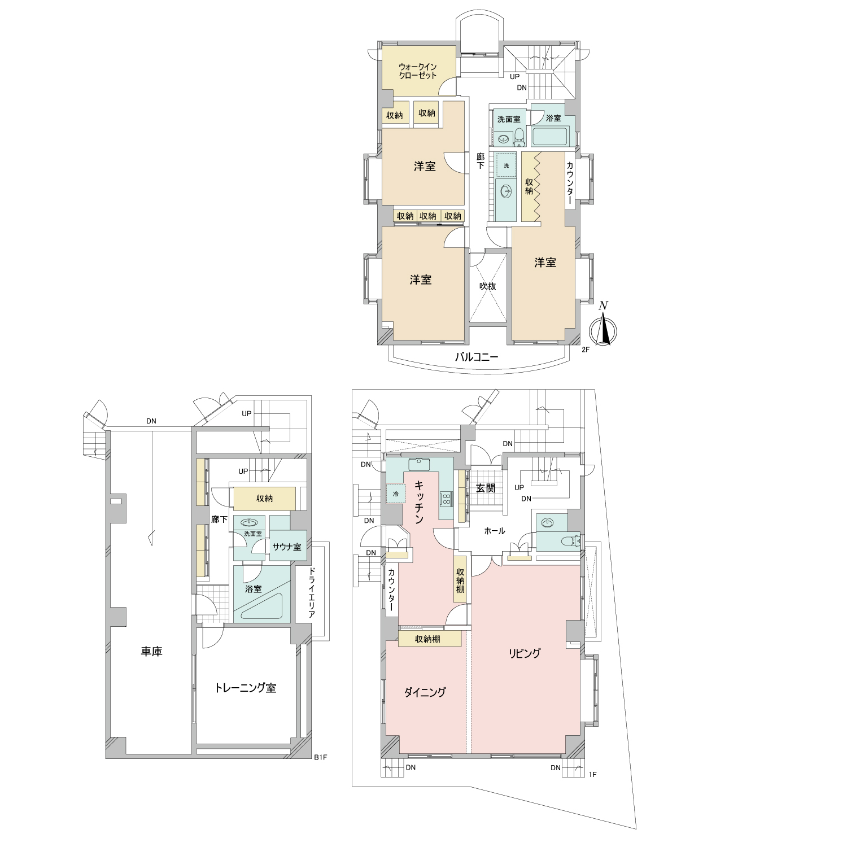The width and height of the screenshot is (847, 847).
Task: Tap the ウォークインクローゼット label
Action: (418, 71)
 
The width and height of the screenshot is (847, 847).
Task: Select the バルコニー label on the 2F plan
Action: (477, 357)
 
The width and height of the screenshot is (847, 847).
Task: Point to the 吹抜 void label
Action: (487, 286)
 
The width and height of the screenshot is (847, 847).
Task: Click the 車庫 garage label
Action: (151, 652)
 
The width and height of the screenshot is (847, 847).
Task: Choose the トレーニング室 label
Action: (246, 688)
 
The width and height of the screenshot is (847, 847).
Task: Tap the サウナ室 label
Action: (287, 547)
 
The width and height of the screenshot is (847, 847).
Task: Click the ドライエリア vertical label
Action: (311, 592)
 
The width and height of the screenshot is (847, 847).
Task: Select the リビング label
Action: (525, 653)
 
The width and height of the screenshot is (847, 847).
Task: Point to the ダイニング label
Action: (425, 692)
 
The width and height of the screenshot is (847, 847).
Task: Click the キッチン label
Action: (419, 502)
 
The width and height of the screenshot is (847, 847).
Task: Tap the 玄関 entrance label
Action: (486, 488)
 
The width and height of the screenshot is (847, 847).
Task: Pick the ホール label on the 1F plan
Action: (495, 531)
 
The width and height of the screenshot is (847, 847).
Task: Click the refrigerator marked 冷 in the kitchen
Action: (395, 494)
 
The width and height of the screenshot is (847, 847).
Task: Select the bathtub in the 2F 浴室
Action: (549, 137)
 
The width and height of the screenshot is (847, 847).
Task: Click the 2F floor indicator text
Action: (586, 350)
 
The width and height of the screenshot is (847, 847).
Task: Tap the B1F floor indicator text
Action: (320, 757)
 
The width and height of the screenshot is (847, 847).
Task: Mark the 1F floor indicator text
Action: (592, 774)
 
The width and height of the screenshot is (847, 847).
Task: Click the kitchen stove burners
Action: (446, 499)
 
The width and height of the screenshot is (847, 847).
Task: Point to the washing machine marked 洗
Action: (507, 165)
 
